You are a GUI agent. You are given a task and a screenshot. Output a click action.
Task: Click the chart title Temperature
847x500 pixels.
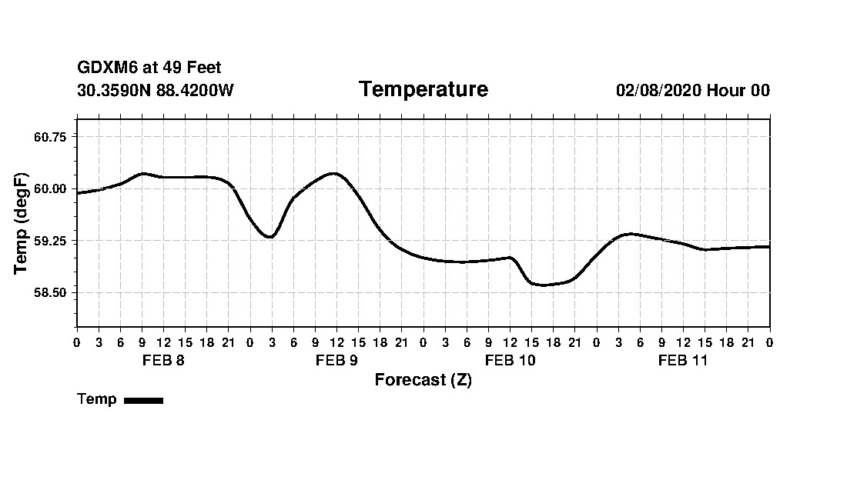coord(423,90)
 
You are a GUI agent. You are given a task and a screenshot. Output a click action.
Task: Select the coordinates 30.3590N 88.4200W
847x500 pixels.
coord(155,91)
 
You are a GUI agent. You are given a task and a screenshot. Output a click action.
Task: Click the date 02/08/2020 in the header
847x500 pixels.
coord(658,91)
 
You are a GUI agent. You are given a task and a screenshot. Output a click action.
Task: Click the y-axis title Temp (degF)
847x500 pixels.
coord(21,223)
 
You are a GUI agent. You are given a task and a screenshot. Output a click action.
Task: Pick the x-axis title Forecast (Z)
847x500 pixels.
coord(423,380)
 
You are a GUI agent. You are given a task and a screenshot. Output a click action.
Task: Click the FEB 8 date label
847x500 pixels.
coord(163,361)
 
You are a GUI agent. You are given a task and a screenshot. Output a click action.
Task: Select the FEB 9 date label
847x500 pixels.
coord(336,361)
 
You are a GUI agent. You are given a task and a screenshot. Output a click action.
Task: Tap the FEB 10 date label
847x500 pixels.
coord(510,361)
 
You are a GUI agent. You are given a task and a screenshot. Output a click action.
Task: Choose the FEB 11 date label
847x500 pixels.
coord(683,361)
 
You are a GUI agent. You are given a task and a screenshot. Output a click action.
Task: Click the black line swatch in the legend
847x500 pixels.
coord(143,400)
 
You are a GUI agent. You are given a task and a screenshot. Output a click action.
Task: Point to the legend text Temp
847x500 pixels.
coord(97,399)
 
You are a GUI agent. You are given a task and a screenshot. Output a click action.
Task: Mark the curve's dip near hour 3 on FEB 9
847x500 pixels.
coord(269,237)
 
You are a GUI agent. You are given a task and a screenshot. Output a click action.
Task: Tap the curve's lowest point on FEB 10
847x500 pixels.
coord(543,285)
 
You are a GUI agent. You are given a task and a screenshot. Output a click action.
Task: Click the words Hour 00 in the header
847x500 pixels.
coord(738,91)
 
